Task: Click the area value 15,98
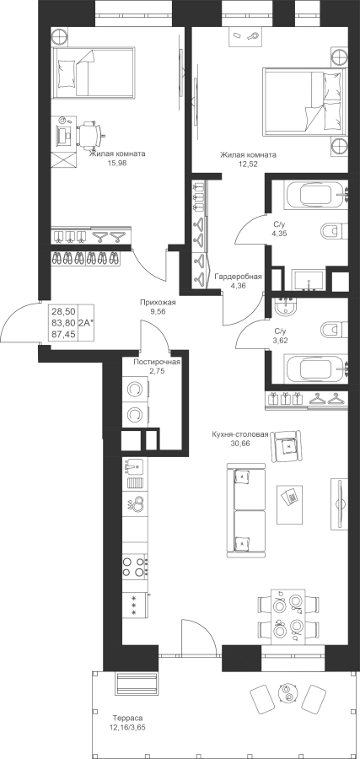[117, 163]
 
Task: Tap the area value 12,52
[248, 164]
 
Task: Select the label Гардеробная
[238, 277]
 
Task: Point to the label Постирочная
[158, 362]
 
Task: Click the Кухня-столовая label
[239, 434]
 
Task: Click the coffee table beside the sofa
[290, 504]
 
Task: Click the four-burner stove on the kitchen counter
[135, 567]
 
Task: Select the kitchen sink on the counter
[135, 467]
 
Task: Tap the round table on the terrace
[289, 692]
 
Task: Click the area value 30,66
[239, 444]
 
